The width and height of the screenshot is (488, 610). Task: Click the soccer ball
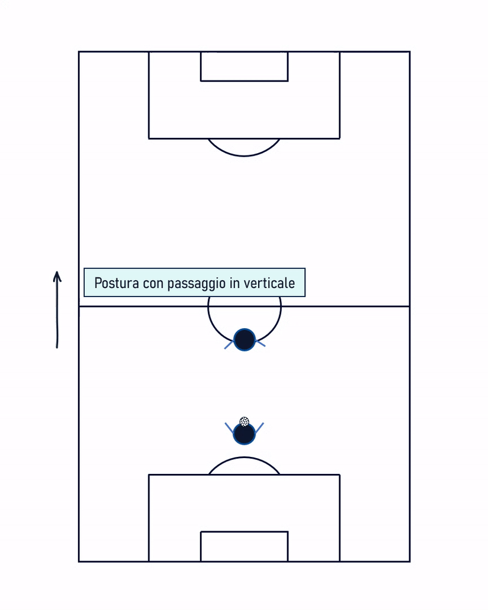pyautogui.click(x=244, y=422)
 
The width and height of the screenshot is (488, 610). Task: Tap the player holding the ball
pyautogui.click(x=244, y=433)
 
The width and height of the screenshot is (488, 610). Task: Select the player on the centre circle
pyautogui.click(x=245, y=340)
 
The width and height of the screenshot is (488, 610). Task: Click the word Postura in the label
pyautogui.click(x=117, y=283)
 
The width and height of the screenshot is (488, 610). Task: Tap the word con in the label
pyautogui.click(x=153, y=284)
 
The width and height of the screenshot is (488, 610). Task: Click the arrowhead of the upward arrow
pyautogui.click(x=57, y=276)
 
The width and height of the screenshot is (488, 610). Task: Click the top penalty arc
pyautogui.click(x=244, y=156)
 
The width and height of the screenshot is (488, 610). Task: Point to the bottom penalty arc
pyautogui.click(x=244, y=457)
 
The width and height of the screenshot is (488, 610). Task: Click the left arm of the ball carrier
pyautogui.click(x=229, y=428)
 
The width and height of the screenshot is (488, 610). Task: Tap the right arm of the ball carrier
pyautogui.click(x=259, y=428)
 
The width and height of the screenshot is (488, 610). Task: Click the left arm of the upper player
pyautogui.click(x=229, y=345)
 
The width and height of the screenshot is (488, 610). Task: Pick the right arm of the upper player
pyautogui.click(x=260, y=343)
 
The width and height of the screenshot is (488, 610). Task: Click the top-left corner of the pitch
pyautogui.click(x=79, y=52)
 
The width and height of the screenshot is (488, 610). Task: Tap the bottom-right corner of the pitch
pyautogui.click(x=409, y=561)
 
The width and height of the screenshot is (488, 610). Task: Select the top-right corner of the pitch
pyautogui.click(x=409, y=52)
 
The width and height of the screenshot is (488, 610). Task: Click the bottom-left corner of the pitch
pyautogui.click(x=79, y=561)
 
